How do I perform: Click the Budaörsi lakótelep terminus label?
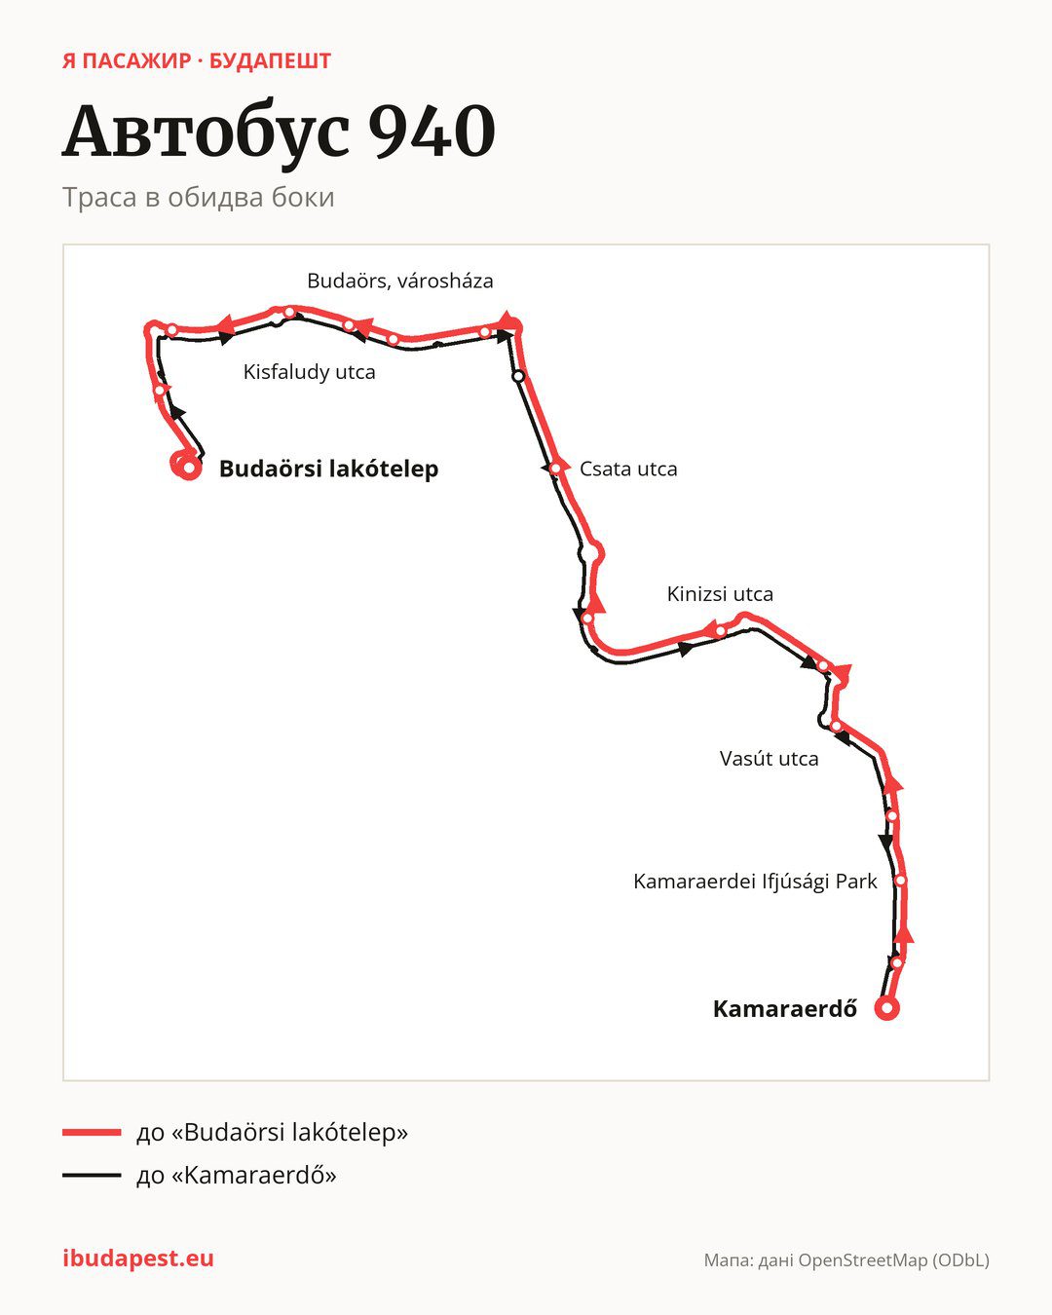pyautogui.click(x=329, y=469)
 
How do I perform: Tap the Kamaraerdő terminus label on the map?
pyautogui.click(x=785, y=1008)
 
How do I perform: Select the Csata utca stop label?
pyautogui.click(x=628, y=469)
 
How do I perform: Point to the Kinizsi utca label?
pyautogui.click(x=720, y=593)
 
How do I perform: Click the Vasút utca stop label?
pyautogui.click(x=769, y=759)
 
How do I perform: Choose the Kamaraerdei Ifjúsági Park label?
pyautogui.click(x=755, y=882)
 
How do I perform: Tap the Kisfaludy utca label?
pyautogui.click(x=310, y=371)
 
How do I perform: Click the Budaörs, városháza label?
pyautogui.click(x=399, y=281)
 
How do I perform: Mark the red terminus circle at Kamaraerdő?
pyautogui.click(x=887, y=1008)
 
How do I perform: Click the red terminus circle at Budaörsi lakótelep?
pyautogui.click(x=189, y=469)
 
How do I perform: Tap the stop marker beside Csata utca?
pyautogui.click(x=555, y=469)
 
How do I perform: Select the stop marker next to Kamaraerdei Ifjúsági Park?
pyautogui.click(x=900, y=881)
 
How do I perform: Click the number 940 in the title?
pyautogui.click(x=432, y=131)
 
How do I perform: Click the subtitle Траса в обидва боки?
pyautogui.click(x=199, y=198)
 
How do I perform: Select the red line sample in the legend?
pyautogui.click(x=92, y=1132)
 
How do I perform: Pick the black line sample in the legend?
pyautogui.click(x=92, y=1175)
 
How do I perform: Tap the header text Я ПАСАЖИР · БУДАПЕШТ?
pyautogui.click(x=196, y=61)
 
